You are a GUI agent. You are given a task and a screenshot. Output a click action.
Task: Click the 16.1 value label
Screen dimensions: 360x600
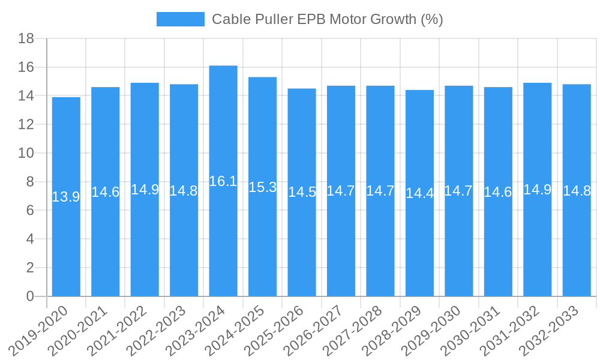[x=223, y=181]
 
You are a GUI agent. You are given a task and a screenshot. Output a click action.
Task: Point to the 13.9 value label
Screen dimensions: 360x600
[x=66, y=197]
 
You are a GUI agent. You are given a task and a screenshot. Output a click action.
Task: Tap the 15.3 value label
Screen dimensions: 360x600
[x=262, y=187]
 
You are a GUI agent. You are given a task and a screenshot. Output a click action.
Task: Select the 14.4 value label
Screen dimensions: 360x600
[x=419, y=193]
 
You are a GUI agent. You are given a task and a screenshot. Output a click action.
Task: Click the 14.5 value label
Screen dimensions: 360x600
[x=302, y=192]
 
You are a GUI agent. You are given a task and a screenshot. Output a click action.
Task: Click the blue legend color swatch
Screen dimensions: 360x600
[x=180, y=19]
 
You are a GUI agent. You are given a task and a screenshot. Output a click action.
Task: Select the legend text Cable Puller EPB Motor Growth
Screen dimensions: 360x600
[x=327, y=19]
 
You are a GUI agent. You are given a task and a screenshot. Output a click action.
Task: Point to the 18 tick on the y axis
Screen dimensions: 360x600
[x=26, y=39]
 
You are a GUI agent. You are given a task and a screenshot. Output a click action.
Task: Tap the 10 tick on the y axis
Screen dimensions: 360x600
[x=26, y=154]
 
